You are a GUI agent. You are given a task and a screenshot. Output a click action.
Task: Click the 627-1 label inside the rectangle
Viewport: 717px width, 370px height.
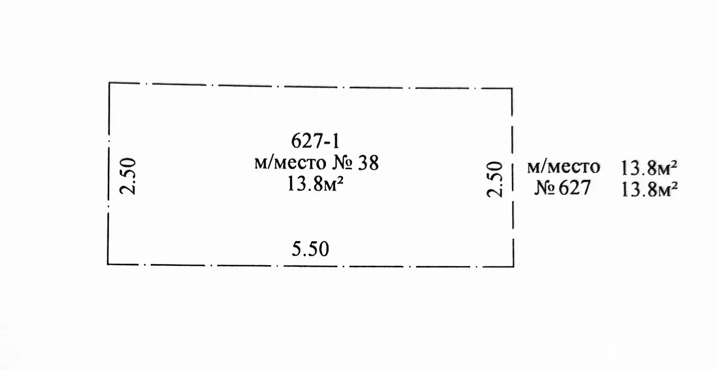[x=315, y=141]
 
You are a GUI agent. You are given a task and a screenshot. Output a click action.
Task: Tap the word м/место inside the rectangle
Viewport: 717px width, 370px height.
[x=290, y=163]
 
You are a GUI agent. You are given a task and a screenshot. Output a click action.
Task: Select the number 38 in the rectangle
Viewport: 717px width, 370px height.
[x=368, y=163]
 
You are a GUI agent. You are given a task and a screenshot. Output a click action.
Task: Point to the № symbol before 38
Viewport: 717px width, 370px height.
[x=342, y=163]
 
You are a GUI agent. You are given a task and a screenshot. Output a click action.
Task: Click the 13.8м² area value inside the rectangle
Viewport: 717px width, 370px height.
[x=315, y=184]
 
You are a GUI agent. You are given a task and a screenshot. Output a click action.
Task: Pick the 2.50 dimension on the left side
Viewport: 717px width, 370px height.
[x=128, y=176]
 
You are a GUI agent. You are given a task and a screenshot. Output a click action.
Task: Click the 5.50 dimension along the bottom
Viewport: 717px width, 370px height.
[x=311, y=249]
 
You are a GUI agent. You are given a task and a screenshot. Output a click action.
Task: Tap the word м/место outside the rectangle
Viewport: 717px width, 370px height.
[x=564, y=168]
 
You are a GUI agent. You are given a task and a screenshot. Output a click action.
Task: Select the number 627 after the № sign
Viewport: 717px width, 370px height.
[x=574, y=188]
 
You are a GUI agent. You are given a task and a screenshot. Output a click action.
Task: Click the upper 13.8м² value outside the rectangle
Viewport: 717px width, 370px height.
[x=649, y=168]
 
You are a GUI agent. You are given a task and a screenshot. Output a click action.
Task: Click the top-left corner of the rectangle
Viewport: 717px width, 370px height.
[x=109, y=83]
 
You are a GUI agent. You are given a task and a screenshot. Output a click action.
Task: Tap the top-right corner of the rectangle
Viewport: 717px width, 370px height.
[x=512, y=88]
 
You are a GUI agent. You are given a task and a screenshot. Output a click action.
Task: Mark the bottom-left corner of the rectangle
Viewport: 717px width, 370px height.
[x=108, y=265]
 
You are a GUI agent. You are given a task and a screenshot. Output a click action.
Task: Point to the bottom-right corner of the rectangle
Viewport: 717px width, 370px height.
[x=514, y=266]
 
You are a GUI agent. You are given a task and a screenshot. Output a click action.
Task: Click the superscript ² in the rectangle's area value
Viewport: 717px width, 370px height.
[x=341, y=180]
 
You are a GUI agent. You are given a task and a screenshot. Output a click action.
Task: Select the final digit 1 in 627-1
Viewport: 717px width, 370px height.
[x=336, y=141]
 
